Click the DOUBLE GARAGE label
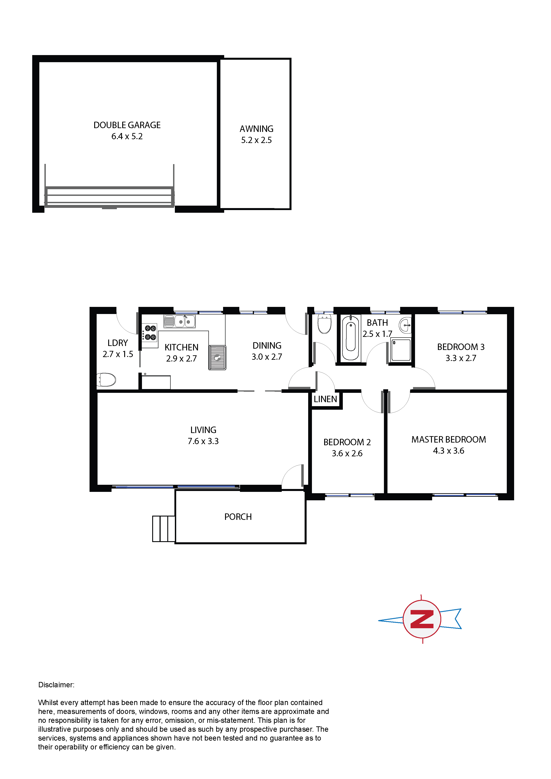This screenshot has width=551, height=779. [x=127, y=125]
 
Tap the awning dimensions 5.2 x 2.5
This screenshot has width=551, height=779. [x=256, y=140]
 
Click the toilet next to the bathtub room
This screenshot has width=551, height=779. [x=325, y=324]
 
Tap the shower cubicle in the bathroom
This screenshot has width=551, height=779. [x=401, y=350]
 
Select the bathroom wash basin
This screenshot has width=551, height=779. [x=405, y=325]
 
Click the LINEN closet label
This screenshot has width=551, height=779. [x=325, y=399]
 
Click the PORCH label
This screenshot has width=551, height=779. [x=238, y=517]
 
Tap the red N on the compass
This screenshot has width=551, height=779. [x=422, y=619]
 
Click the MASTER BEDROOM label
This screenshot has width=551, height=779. [x=449, y=439]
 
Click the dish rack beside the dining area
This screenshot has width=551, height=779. [x=217, y=357]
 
